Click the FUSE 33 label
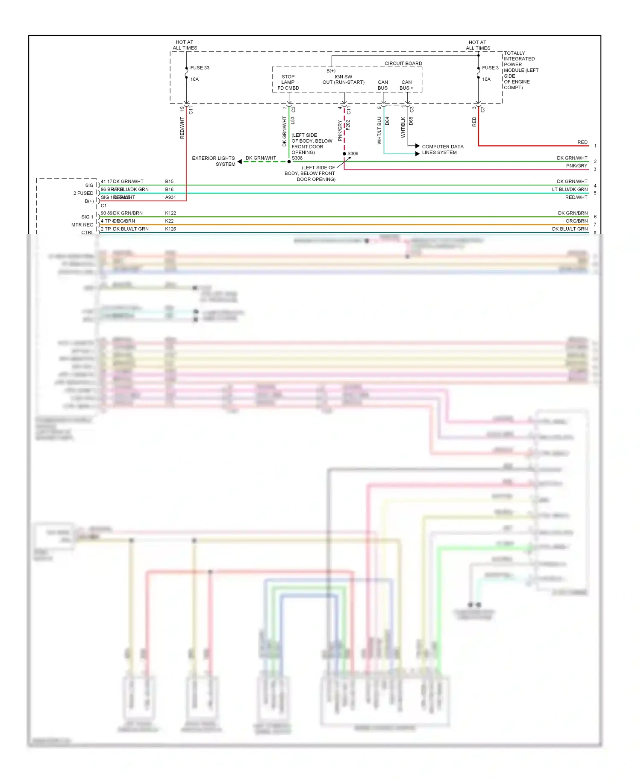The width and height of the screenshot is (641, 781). pyautogui.click(x=200, y=68)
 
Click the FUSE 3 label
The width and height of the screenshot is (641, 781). pyautogui.click(x=490, y=68)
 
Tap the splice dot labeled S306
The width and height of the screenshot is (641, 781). pyautogui.click(x=344, y=154)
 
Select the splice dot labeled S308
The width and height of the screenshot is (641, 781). pyautogui.click(x=289, y=161)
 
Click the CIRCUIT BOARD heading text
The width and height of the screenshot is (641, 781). pyautogui.click(x=403, y=63)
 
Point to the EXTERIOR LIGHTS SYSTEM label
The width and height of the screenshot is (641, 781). pyautogui.click(x=213, y=161)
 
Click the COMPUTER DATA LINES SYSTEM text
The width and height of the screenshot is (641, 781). pyautogui.click(x=442, y=150)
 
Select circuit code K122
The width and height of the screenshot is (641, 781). pyautogui.click(x=171, y=213)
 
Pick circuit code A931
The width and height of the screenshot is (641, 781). pyautogui.click(x=171, y=197)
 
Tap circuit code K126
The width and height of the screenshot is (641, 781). pyautogui.click(x=171, y=229)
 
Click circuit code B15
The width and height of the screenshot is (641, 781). pyautogui.click(x=169, y=181)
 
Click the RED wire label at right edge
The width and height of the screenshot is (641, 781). pyautogui.click(x=582, y=142)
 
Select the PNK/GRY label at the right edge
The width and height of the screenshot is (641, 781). pyautogui.click(x=576, y=166)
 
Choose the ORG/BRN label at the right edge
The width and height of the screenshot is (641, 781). pyautogui.click(x=576, y=221)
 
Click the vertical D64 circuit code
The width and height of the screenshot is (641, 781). pyautogui.click(x=387, y=121)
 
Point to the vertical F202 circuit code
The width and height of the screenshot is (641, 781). pyautogui.click(x=348, y=125)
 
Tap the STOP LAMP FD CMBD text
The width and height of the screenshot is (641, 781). pyautogui.click(x=288, y=82)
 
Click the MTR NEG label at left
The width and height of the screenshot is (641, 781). pyautogui.click(x=82, y=225)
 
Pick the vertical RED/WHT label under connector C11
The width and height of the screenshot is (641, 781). pyautogui.click(x=182, y=128)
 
